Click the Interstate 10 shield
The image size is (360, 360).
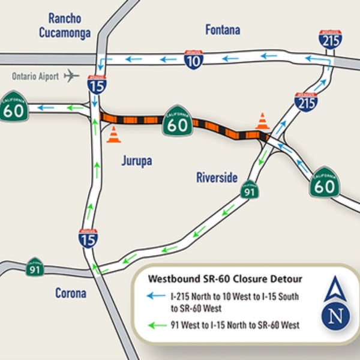coord(193,59)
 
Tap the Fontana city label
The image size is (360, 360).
coord(223,29)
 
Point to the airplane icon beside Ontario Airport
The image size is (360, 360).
coord(71,76)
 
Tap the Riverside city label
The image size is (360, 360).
coord(217,178)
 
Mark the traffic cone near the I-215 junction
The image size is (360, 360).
coord(262,121)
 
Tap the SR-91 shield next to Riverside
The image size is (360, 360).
coord(250,191)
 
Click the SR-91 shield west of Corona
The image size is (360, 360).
coord(35,267)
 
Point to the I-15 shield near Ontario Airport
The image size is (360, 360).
coord(96,85)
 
